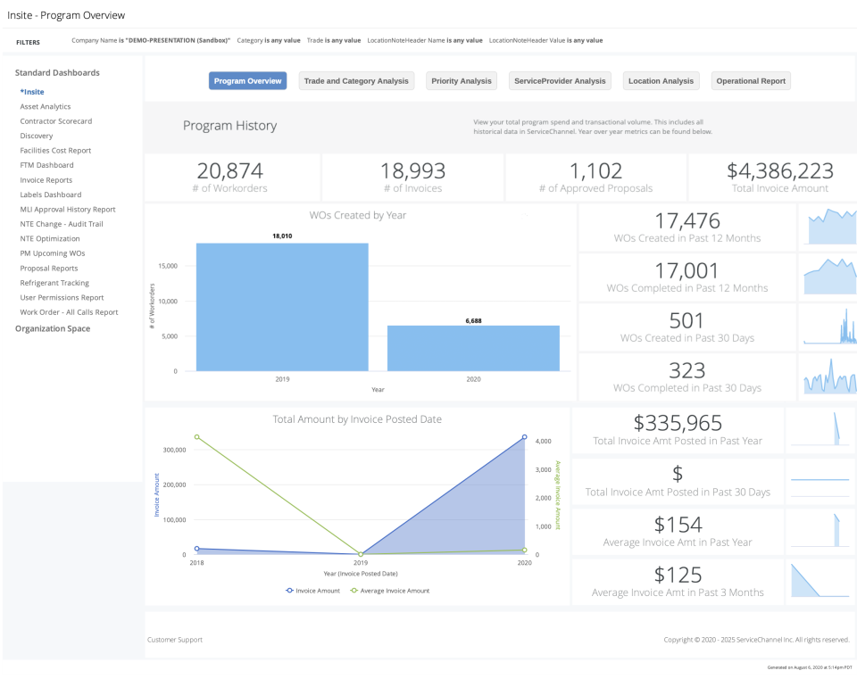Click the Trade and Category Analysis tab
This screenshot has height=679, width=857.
356,81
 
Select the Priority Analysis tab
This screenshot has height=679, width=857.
462,81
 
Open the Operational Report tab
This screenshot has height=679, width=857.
751,81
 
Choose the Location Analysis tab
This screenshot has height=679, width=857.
661,81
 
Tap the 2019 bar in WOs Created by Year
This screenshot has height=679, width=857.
282,307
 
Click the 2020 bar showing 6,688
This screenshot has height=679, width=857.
473,348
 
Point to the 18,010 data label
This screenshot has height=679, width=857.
283,236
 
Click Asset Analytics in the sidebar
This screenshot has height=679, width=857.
46,106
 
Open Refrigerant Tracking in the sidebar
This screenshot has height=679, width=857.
54,283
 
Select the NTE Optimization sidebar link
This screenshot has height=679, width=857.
50,238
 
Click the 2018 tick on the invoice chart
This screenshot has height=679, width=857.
196,563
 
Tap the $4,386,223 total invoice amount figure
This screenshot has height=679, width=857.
779,171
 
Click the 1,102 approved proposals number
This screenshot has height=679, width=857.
595,171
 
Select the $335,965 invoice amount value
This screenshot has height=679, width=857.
678,424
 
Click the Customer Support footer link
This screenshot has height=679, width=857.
175,640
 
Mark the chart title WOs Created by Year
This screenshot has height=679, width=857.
357,215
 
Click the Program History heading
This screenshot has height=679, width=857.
229,126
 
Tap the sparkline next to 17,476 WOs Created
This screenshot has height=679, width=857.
830,228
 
